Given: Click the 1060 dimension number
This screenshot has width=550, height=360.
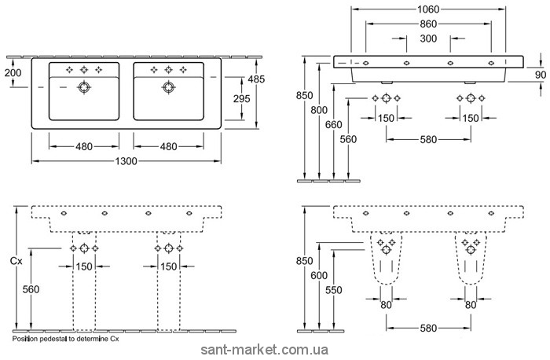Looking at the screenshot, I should click(428, 9).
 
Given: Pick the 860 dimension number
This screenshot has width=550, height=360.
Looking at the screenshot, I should click(428, 24).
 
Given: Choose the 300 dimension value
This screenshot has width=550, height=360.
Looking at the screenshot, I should click(428, 39).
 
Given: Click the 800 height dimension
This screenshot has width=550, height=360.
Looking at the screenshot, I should click(318, 110).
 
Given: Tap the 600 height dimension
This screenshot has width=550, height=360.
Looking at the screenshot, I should click(318, 276).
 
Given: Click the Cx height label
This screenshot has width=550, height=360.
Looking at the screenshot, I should click(15, 259).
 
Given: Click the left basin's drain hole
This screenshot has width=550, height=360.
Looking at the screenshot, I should click(84, 88).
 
